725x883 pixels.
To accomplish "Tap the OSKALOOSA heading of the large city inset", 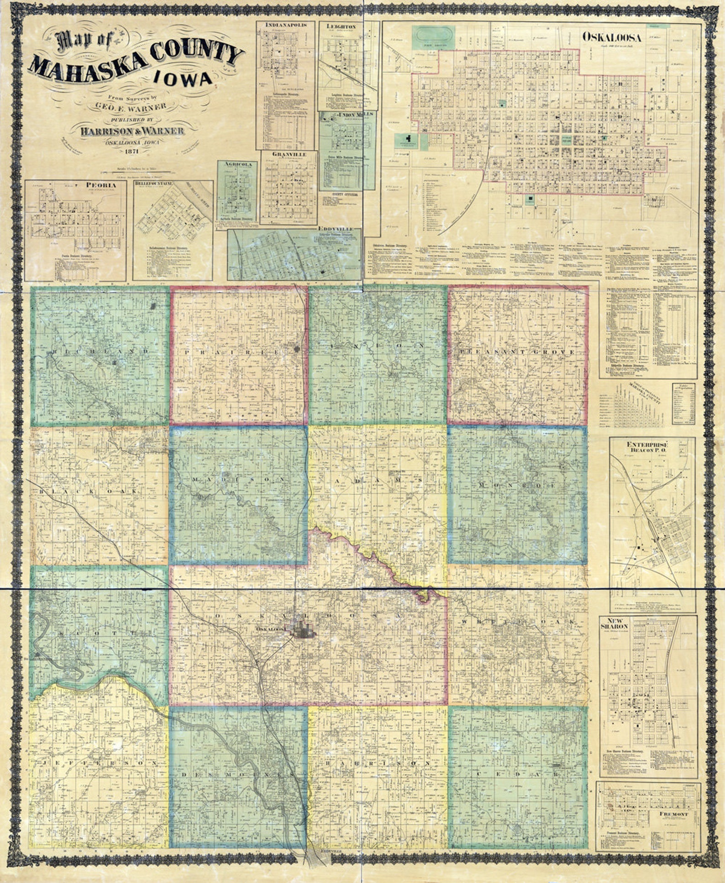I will (x=611, y=37).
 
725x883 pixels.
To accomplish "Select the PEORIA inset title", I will (x=100, y=185).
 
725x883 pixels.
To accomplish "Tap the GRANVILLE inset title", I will (x=289, y=154).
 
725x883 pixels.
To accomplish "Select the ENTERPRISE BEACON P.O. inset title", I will (x=647, y=448).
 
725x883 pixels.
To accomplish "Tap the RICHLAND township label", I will (x=101, y=351).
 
